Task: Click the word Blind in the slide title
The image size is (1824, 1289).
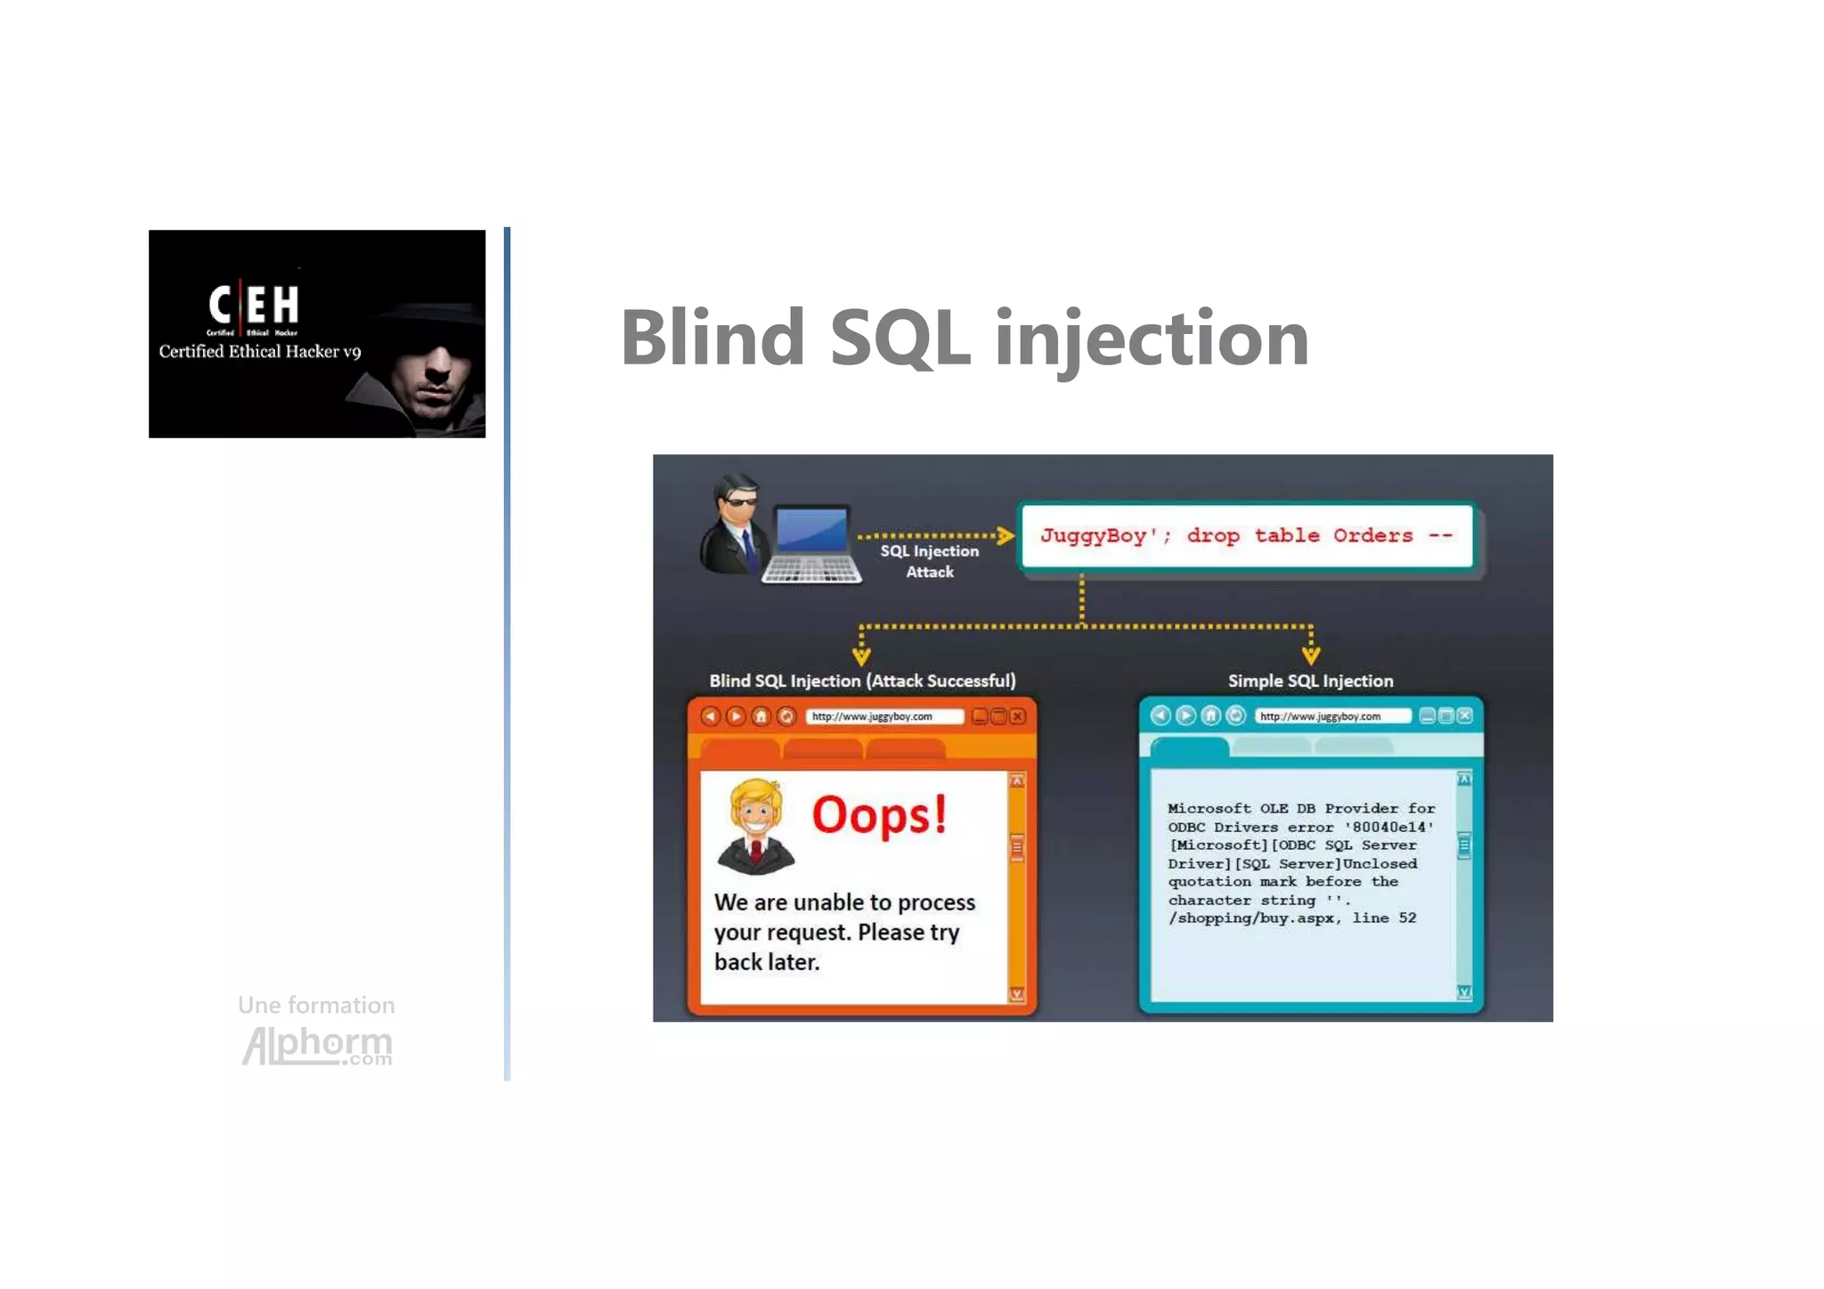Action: pyautogui.click(x=713, y=338)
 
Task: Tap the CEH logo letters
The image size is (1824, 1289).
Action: pyautogui.click(x=254, y=305)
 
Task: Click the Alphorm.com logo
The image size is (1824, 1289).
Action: pyautogui.click(x=317, y=1045)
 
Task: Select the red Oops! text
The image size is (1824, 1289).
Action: pyautogui.click(x=879, y=815)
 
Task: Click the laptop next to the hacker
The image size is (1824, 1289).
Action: pyautogui.click(x=810, y=544)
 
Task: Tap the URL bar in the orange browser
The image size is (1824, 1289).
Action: pyautogui.click(x=883, y=717)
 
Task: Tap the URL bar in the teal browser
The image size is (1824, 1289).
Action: pyautogui.click(x=1331, y=716)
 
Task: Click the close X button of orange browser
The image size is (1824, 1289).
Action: pyautogui.click(x=1018, y=716)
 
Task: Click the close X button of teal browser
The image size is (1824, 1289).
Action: pyautogui.click(x=1465, y=715)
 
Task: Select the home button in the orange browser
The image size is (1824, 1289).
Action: pyautogui.click(x=761, y=716)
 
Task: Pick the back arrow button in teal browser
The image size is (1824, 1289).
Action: pyautogui.click(x=1160, y=715)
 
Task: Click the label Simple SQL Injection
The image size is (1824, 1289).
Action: pyautogui.click(x=1310, y=681)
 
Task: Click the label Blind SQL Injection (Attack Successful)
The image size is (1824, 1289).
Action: pyautogui.click(x=862, y=681)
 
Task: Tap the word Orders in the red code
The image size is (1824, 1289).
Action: pyautogui.click(x=1372, y=536)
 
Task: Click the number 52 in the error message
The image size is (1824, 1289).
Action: pyautogui.click(x=1407, y=918)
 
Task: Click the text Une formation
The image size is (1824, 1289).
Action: pyautogui.click(x=316, y=1006)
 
